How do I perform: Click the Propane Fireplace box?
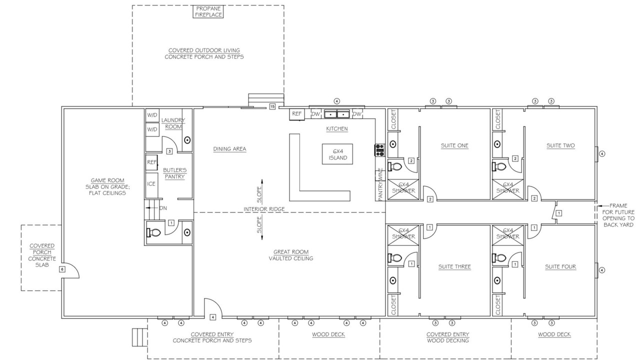[208, 11]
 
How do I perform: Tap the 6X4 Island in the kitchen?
[337, 154]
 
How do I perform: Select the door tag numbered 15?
[272, 106]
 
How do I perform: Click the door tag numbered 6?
[62, 269]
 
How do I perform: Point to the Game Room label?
[107, 180]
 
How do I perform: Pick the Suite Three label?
[454, 266]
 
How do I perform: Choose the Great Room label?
[291, 252]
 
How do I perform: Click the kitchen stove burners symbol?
[379, 150]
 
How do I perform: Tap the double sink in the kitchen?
[337, 114]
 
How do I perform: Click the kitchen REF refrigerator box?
[296, 114]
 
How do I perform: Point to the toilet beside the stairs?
[154, 232]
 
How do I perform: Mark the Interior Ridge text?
[264, 209]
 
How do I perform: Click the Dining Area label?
[229, 149]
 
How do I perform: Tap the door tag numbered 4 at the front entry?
[212, 317]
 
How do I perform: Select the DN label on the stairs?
[163, 208]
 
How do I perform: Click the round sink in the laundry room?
[187, 140]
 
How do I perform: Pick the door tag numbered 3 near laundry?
[169, 151]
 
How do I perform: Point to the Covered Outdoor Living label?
[204, 50]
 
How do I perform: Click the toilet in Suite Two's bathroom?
[499, 166]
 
